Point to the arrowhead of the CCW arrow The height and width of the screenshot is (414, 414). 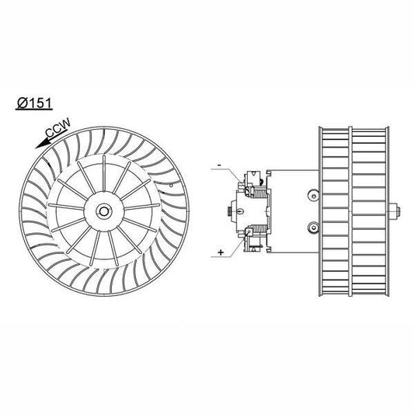tap(37, 145)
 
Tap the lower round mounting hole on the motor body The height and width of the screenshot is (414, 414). tap(313, 228)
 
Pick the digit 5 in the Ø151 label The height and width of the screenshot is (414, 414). tap(36, 101)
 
